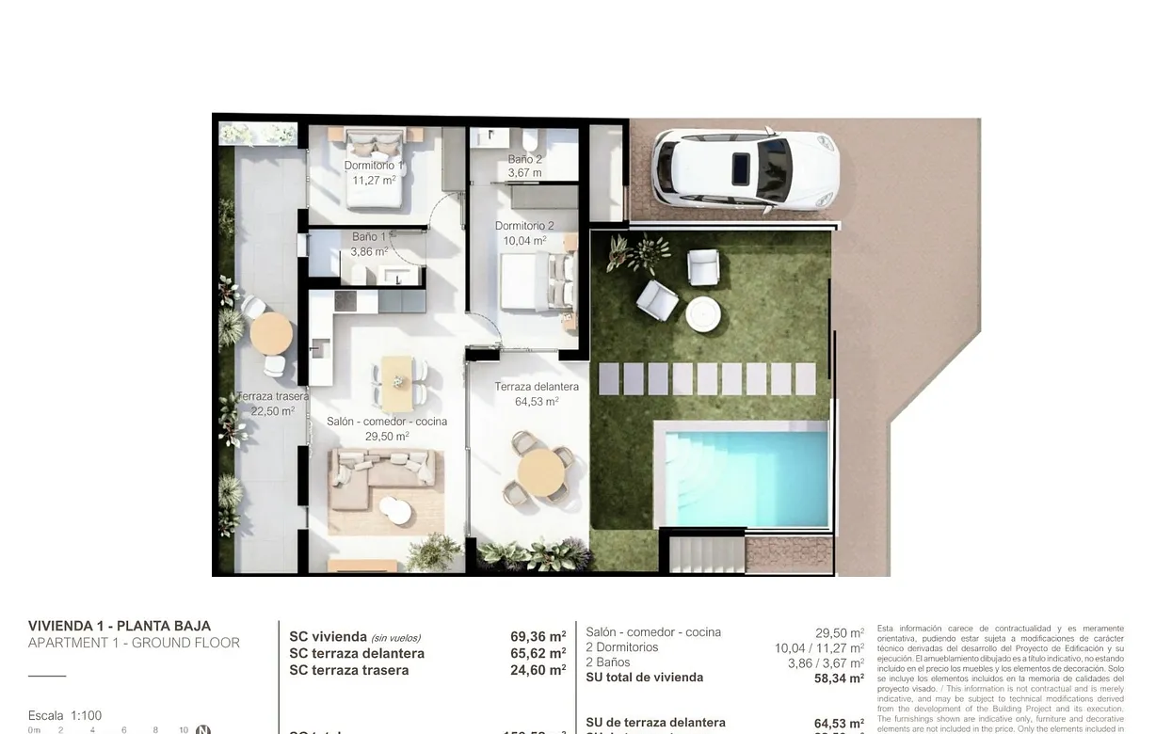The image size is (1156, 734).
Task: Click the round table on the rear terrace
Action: [271, 332]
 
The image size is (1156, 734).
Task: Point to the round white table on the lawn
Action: [702, 314]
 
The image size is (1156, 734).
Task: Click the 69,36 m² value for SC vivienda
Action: [538, 637]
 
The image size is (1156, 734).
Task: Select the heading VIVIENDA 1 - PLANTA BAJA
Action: [120, 626]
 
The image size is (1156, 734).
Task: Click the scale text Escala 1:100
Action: [65, 715]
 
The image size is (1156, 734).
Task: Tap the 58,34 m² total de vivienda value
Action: [839, 678]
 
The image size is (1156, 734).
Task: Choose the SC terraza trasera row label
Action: [348, 670]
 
